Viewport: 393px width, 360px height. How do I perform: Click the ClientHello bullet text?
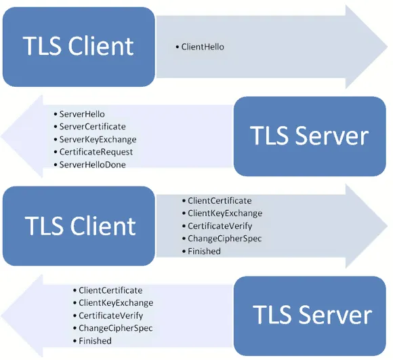pos(203,47)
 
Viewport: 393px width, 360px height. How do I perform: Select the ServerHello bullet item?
pos(82,114)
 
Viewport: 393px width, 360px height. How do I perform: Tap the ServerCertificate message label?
pos(92,127)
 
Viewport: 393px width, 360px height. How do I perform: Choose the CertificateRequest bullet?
pos(96,152)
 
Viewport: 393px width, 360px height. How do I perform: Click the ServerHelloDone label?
pos(92,165)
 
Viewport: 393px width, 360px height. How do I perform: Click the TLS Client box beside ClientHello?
pos(78,46)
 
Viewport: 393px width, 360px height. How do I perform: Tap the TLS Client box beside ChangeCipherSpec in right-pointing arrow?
pos(79,225)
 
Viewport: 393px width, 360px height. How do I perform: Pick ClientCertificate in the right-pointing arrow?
pos(220,201)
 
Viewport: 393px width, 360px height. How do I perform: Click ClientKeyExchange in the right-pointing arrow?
pos(224,214)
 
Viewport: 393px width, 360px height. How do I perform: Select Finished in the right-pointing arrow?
pos(204,252)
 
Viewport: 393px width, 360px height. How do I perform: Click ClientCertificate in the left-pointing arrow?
pos(110,290)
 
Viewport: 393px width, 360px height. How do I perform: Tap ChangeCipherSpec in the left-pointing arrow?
pos(115,328)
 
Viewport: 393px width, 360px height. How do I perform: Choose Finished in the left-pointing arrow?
pos(95,341)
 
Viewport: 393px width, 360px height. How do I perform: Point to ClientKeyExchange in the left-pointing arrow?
pos(115,303)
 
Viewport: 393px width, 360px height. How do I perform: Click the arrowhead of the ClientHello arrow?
pos(369,46)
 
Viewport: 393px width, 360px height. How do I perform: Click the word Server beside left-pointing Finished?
pos(332,315)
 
